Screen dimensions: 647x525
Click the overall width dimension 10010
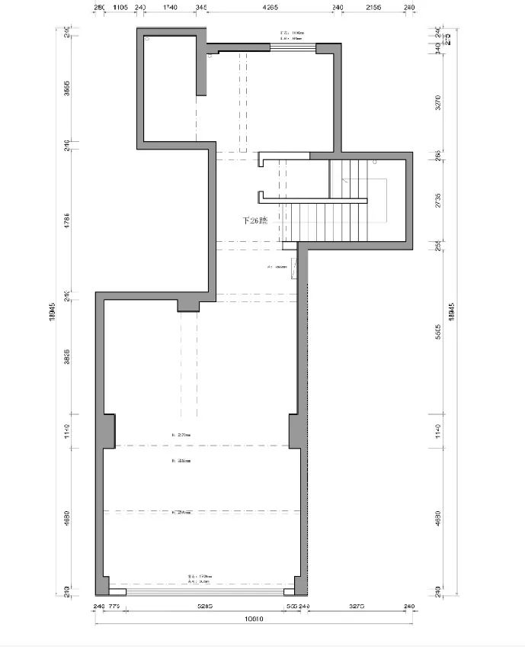point(253,620)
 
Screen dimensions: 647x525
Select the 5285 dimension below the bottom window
point(204,607)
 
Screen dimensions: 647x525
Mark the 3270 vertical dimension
point(437,103)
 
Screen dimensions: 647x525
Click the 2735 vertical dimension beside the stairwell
point(437,201)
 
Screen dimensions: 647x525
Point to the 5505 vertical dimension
point(437,333)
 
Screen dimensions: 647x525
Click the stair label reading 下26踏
point(254,220)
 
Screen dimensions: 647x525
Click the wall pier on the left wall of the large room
point(109,430)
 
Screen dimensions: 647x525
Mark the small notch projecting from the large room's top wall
point(188,305)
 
